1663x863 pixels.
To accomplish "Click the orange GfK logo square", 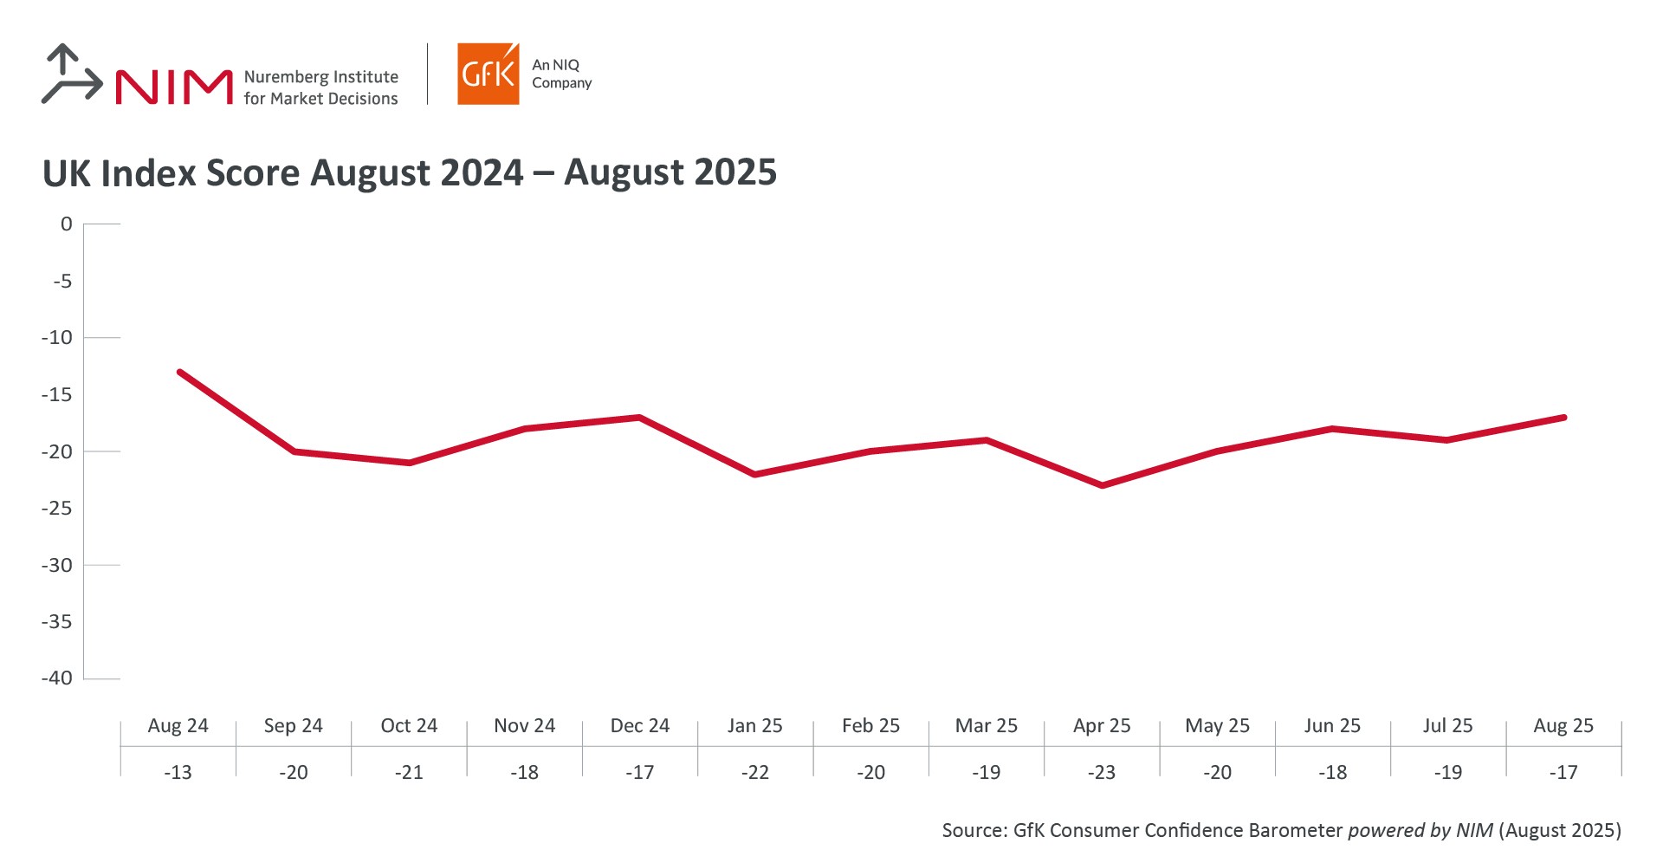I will pos(488,75).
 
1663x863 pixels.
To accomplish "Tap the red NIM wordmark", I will pos(174,87).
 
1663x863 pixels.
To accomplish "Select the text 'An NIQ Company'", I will pos(561,74).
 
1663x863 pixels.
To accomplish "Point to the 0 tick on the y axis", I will pos(66,224).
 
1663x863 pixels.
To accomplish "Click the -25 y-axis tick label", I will pos(57,508).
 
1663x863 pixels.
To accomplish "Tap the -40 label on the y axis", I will pos(57,678).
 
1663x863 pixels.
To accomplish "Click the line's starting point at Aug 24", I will pos(179,372).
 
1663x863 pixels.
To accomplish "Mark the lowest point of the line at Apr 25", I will pos(1102,485).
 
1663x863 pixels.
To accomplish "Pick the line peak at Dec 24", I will pos(639,417).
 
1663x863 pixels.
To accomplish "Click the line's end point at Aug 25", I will pos(1563,417).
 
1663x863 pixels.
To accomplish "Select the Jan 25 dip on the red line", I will pos(754,474).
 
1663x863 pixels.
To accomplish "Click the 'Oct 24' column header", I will pos(409,726).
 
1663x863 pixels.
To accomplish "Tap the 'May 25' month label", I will pos(1217,726).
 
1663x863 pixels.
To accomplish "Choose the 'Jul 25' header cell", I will pos(1447,726).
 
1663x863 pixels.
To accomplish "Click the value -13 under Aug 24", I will pos(178,772).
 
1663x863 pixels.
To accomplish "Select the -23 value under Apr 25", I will pos(1102,772).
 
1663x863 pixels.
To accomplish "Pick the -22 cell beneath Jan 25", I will pos(754,772).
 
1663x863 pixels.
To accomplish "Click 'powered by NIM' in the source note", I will pos(1420,830).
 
